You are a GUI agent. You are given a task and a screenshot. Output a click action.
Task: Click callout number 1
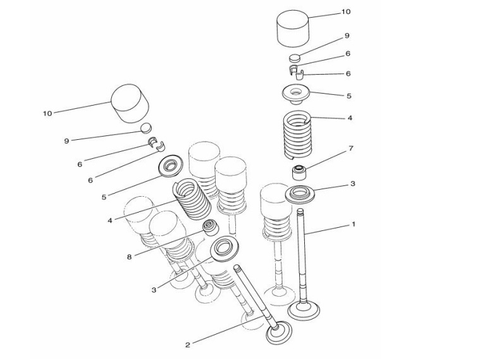click(x=354, y=224)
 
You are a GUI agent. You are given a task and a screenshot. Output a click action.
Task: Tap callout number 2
click(x=187, y=345)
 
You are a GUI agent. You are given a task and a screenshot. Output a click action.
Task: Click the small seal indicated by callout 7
click(x=299, y=173)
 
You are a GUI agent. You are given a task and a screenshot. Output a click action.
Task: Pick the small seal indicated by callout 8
click(x=209, y=228)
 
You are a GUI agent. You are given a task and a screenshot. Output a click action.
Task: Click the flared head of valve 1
click(x=304, y=311)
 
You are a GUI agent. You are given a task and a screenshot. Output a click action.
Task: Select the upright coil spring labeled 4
click(x=297, y=134)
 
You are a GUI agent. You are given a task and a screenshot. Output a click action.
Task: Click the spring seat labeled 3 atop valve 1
click(x=300, y=194)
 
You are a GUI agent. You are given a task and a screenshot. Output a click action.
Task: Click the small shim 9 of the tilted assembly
click(x=146, y=128)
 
